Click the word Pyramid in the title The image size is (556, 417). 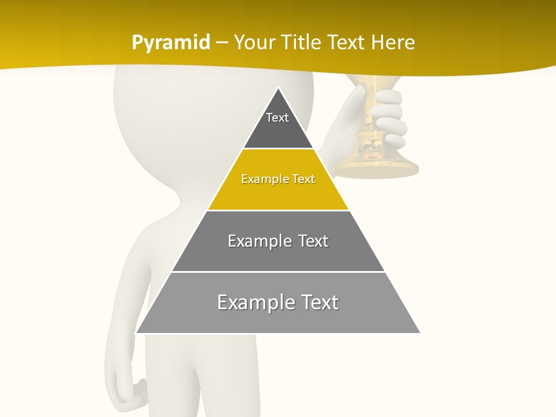point(170,43)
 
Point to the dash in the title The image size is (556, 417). point(221,43)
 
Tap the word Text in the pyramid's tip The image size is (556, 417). point(277,118)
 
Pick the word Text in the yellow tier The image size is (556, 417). point(303,179)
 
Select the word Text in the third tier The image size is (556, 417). point(313,241)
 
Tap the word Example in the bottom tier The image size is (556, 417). point(249,302)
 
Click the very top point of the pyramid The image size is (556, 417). point(278,88)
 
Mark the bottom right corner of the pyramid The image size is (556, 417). point(419,333)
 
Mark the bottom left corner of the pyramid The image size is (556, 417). point(136,333)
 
